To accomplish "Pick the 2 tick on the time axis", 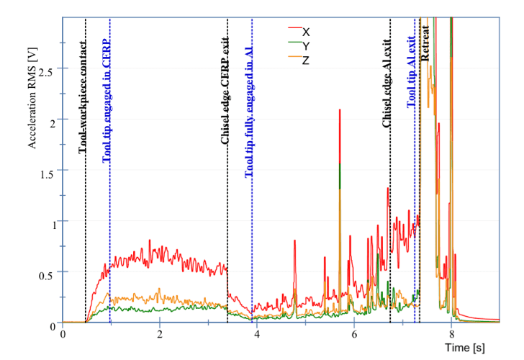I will (x=160, y=334).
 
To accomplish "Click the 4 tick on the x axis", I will (x=257, y=334).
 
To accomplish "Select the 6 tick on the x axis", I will (x=354, y=334).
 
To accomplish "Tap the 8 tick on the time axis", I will (x=451, y=334).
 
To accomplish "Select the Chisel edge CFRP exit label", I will (x=225, y=91).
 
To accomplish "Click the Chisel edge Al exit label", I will (x=387, y=85).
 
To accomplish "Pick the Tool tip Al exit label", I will (x=411, y=71).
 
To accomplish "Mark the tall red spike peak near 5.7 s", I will (x=339, y=110).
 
